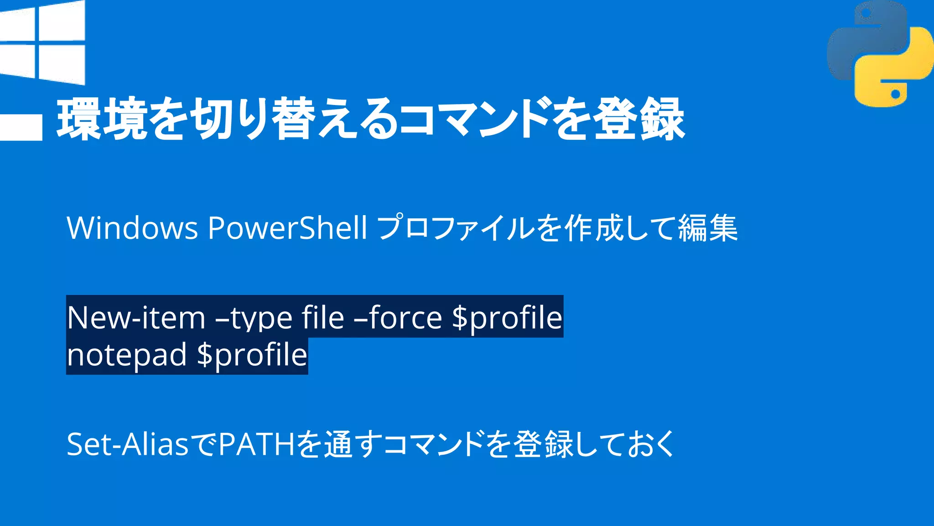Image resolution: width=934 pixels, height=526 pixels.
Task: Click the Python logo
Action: (880, 54)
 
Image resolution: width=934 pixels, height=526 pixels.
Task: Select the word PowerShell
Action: (287, 228)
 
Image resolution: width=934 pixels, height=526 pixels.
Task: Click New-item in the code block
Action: (136, 317)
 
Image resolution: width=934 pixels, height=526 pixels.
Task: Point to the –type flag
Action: (254, 318)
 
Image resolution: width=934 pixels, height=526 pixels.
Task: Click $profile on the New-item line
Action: (507, 318)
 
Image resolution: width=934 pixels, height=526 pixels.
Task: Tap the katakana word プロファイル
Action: (456, 228)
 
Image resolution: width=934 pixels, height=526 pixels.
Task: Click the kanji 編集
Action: (707, 228)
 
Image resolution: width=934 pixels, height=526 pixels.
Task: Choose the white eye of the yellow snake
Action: (895, 94)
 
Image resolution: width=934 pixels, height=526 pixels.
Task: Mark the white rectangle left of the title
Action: (21, 127)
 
